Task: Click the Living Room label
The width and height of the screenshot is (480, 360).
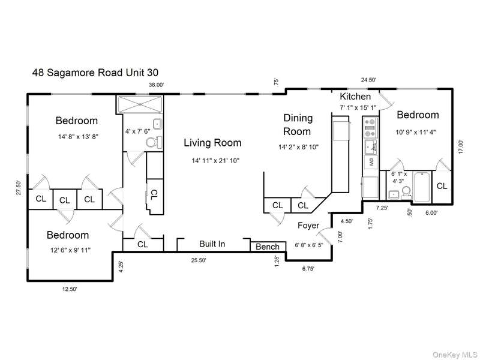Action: (x=212, y=143)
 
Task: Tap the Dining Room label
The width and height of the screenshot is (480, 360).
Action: (x=298, y=125)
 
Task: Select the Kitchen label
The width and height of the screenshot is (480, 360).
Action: (x=355, y=97)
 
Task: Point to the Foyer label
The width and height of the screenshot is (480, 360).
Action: (x=308, y=226)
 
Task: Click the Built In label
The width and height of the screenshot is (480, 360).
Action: (x=212, y=244)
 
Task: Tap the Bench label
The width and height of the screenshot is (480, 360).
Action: (x=267, y=247)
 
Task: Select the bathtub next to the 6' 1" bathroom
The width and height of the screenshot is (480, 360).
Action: (x=422, y=187)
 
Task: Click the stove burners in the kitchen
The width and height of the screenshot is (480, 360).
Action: (x=370, y=128)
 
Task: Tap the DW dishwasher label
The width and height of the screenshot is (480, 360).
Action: (x=371, y=162)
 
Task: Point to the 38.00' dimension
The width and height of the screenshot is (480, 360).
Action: (x=157, y=85)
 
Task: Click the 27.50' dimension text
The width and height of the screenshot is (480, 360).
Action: (x=19, y=188)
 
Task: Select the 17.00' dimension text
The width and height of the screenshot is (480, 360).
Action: (x=461, y=146)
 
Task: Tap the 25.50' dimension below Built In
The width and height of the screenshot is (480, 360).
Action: (x=199, y=260)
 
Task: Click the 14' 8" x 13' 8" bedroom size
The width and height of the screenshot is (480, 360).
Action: (x=78, y=137)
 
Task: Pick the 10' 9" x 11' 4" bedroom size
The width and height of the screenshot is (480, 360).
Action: (x=416, y=132)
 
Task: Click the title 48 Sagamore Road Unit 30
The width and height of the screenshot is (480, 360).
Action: (x=95, y=73)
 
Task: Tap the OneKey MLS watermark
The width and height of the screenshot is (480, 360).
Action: (x=455, y=355)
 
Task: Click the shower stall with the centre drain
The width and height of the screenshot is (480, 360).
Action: (x=140, y=104)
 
